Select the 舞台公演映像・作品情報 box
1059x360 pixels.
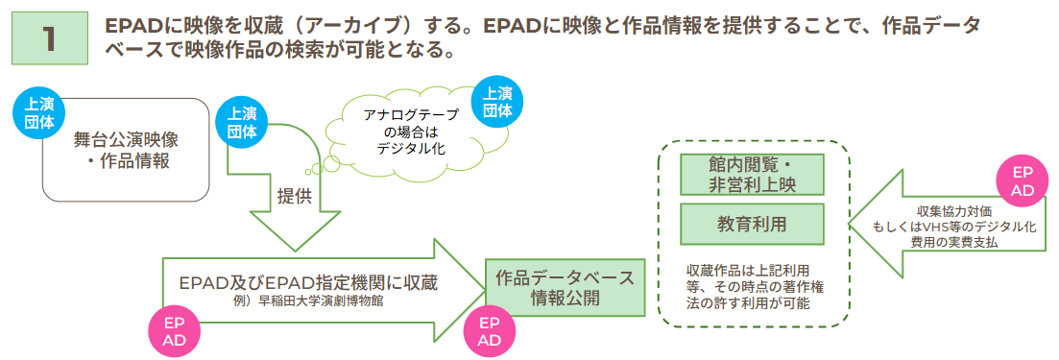127,150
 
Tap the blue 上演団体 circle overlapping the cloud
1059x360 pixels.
497,102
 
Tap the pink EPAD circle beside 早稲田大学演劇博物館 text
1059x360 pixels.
174,329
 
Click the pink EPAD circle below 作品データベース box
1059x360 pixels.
490,329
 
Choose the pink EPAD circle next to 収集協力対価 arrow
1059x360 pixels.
1023,180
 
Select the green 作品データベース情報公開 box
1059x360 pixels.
565,287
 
